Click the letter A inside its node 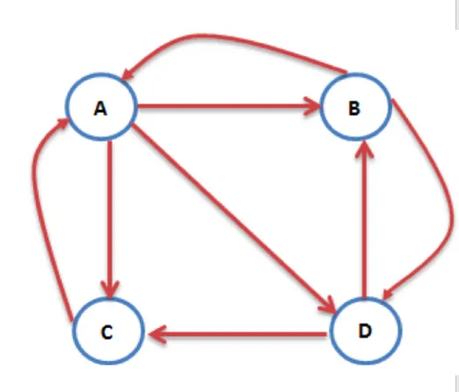[100, 108]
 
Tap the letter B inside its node [354, 108]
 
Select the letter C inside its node [106, 332]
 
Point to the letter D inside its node [365, 331]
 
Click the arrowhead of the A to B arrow [312, 106]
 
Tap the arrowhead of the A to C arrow [110, 290]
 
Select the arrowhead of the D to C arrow [157, 334]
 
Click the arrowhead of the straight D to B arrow [364, 149]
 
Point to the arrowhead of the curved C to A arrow [62, 122]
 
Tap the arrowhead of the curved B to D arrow [388, 294]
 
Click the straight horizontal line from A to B [229, 106]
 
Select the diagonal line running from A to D [233, 217]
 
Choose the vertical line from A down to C [110, 220]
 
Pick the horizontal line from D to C [237, 334]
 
